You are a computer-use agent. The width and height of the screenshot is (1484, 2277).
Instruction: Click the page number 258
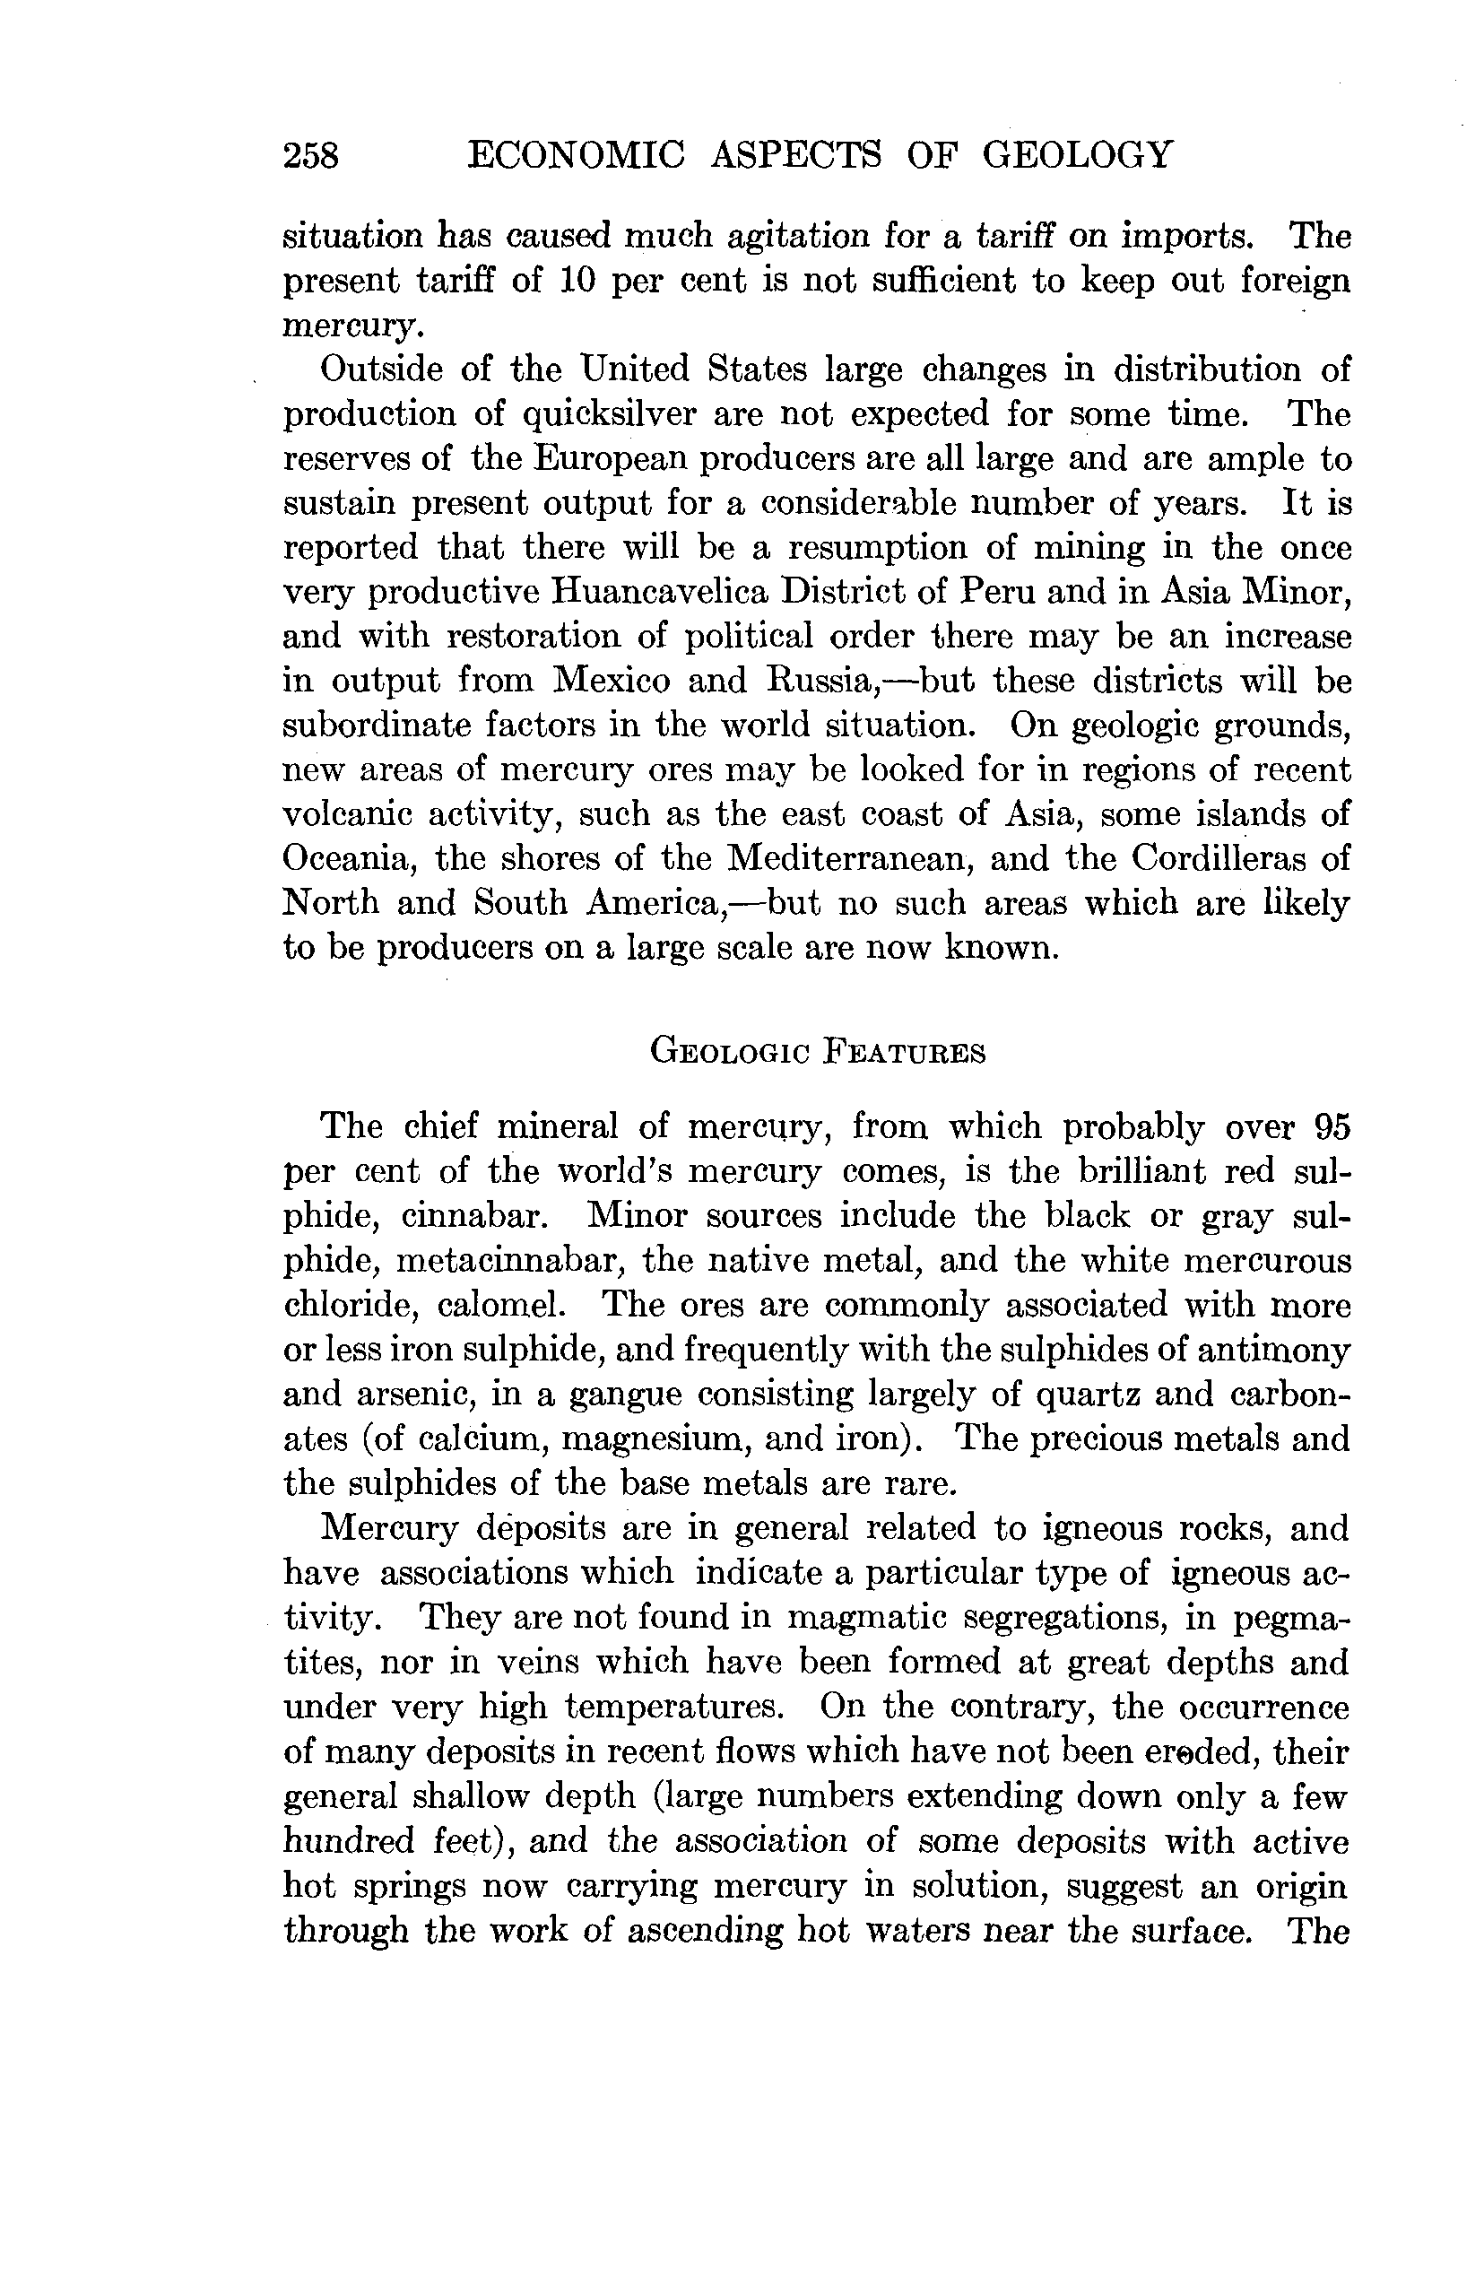(311, 155)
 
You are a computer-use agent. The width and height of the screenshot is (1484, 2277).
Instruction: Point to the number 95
(1331, 1128)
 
